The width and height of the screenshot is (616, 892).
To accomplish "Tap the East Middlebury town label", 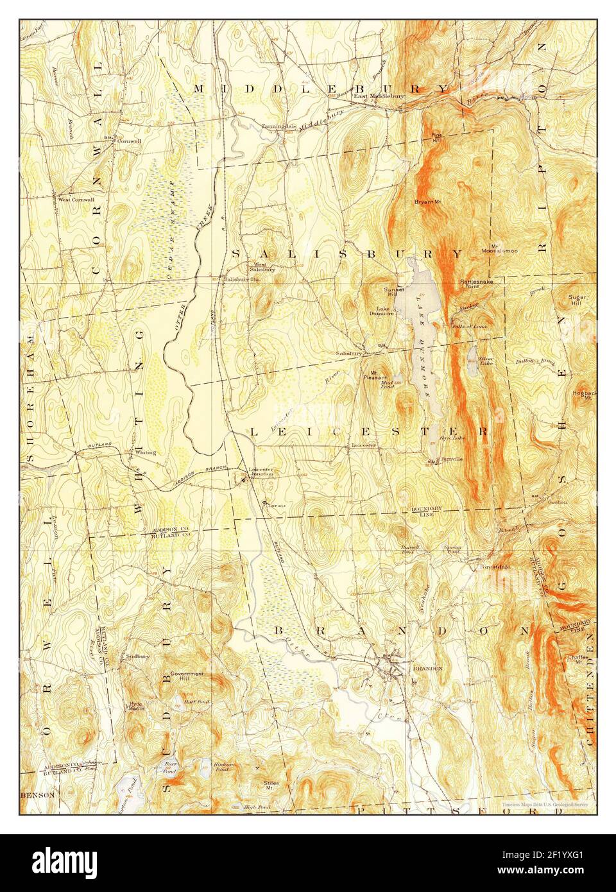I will [x=378, y=97].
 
